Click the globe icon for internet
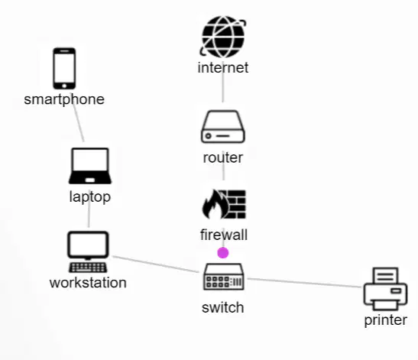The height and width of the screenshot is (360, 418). [223, 37]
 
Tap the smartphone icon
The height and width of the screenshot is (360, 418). [64, 69]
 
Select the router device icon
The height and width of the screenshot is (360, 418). [223, 126]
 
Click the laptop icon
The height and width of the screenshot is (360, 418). [90, 166]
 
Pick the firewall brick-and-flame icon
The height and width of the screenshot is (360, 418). [224, 204]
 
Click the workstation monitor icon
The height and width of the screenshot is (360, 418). [88, 252]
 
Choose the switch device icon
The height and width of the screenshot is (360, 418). [223, 277]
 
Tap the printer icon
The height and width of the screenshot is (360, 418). [385, 289]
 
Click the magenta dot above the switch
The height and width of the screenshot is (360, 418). [223, 253]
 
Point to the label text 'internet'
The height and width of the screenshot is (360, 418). [223, 68]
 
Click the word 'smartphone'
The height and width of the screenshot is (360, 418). [64, 100]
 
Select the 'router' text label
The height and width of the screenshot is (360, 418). [223, 157]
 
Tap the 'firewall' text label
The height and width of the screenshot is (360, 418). [224, 235]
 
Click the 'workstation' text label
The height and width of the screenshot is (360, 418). [88, 283]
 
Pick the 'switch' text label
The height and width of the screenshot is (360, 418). [223, 307]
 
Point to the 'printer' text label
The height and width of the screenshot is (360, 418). [386, 320]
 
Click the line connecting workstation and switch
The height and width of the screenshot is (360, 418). [156, 264]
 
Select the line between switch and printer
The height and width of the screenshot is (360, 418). [305, 283]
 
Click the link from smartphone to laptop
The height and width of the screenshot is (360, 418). [78, 118]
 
